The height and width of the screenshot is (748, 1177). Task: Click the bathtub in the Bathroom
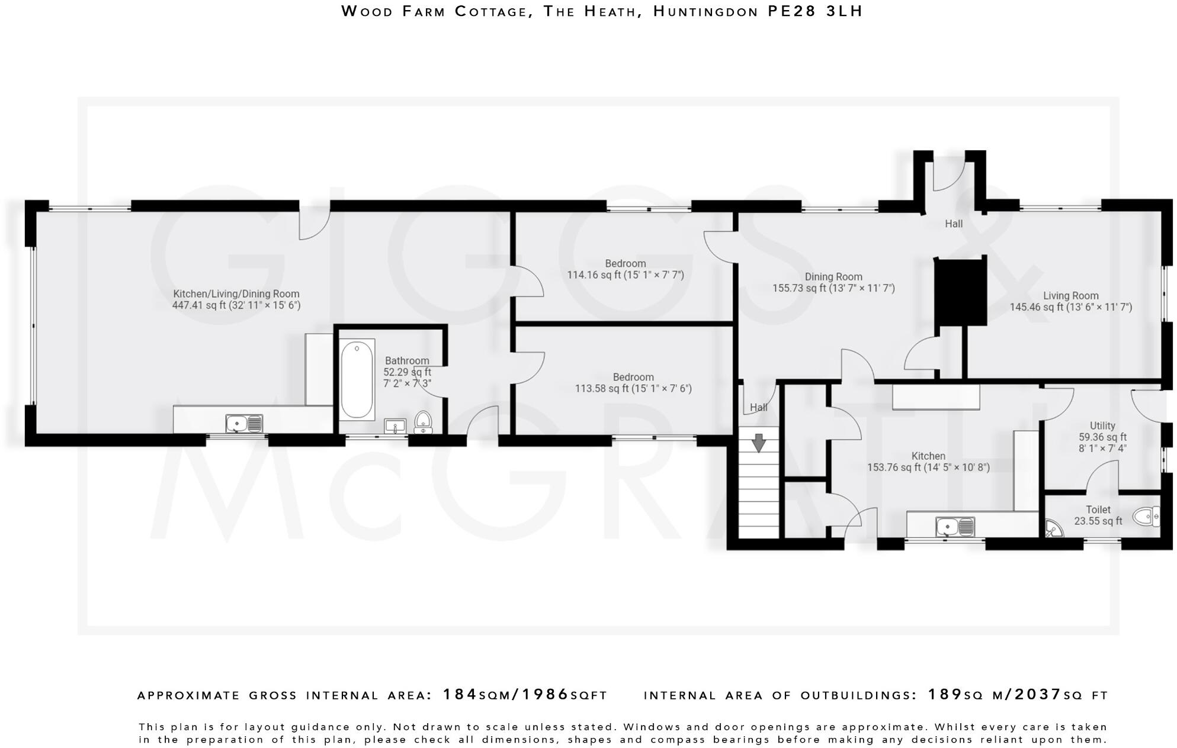pos(357,379)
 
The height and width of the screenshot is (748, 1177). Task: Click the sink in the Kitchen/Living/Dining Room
pos(243,424)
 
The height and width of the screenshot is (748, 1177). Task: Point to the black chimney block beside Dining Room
pos(960,291)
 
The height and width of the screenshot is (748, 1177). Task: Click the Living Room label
pos(1070,296)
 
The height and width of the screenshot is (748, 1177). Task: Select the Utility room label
pos(1102,425)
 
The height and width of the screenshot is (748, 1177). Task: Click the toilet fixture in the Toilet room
pos(1146,517)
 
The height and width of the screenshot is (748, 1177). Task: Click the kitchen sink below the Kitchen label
pos(954,526)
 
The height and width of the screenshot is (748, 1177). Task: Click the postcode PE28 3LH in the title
pos(815,11)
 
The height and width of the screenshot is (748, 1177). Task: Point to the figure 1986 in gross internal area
pos(545,694)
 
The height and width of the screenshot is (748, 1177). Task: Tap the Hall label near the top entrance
pos(953,224)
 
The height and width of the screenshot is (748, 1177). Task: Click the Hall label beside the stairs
pos(758,407)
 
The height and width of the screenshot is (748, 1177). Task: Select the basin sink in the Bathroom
pos(395,425)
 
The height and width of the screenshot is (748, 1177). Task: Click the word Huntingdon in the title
pos(705,11)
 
